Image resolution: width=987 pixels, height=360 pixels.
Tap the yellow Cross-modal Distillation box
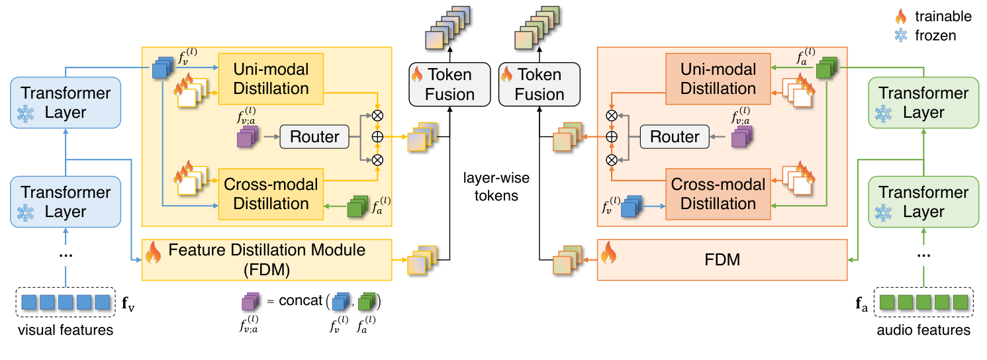pos(270,194)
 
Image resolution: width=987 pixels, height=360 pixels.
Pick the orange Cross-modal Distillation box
pos(718,194)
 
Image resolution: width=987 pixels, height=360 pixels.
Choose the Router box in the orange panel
pos(675,137)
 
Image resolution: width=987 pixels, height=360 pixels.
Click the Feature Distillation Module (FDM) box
pos(267,259)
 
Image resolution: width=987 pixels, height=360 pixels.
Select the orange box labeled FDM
pos(722,259)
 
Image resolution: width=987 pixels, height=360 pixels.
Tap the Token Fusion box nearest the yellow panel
pos(442,83)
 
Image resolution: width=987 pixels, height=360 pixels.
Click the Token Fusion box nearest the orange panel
pos(539,83)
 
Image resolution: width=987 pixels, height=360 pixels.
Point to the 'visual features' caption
pos(65,330)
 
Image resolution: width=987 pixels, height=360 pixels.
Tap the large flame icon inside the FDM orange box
pos(610,252)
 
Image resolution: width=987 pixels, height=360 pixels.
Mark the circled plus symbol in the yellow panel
pos(378,137)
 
